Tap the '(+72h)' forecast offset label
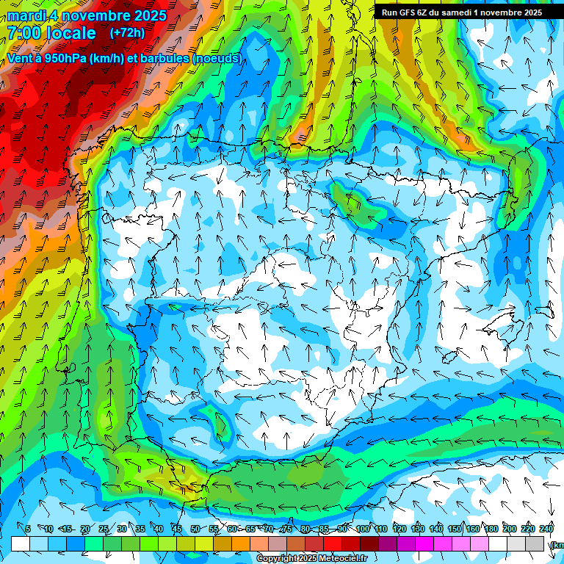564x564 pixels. click(x=127, y=32)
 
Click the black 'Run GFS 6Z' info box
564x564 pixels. click(x=459, y=12)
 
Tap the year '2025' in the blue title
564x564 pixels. click(x=147, y=15)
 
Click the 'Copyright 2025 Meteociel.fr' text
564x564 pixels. click(x=311, y=559)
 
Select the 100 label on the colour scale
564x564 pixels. click(x=363, y=529)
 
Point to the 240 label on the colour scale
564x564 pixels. click(x=546, y=529)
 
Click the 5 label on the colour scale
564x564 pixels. click(x=28, y=529)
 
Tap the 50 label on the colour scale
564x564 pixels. click(x=195, y=529)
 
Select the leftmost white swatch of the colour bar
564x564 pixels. click(x=21, y=543)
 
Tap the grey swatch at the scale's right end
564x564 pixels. click(x=535, y=543)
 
